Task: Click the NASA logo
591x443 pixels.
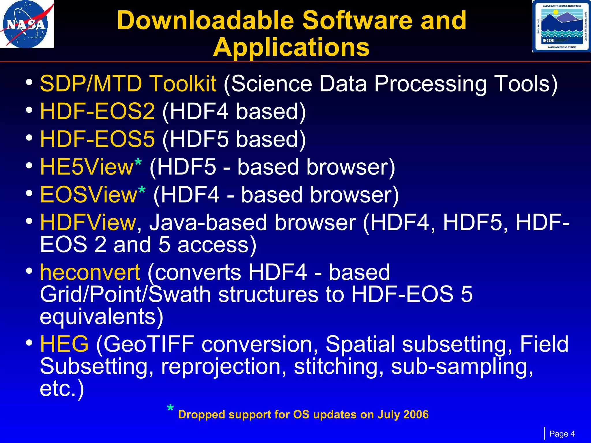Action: [x=27, y=24]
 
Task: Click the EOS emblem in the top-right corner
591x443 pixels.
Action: [x=561, y=26]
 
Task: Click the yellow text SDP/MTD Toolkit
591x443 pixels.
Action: [x=128, y=84]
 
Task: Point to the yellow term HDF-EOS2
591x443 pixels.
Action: [x=98, y=112]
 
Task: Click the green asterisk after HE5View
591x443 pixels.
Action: [x=138, y=162]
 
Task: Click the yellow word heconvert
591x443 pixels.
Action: [x=90, y=273]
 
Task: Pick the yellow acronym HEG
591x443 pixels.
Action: [x=64, y=344]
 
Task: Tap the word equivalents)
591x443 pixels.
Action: [x=102, y=317]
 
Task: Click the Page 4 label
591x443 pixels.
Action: [x=562, y=434]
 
